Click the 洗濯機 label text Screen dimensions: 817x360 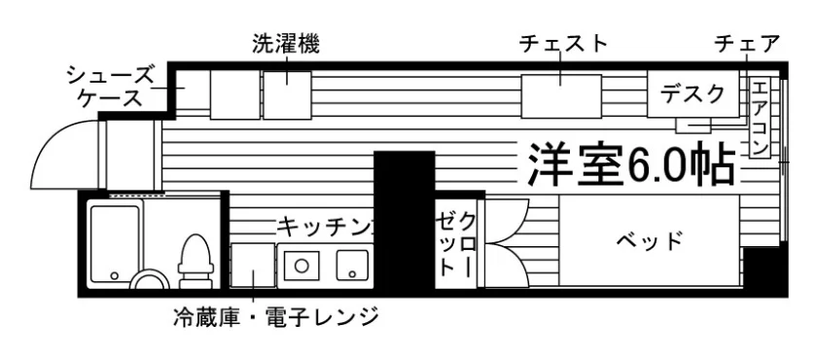click(x=286, y=45)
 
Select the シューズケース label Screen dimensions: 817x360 click(x=111, y=86)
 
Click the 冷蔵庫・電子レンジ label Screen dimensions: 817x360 click(x=275, y=316)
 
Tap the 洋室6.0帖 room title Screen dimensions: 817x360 click(x=631, y=165)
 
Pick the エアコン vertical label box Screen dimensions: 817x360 click(x=760, y=117)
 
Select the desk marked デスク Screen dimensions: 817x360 click(x=693, y=94)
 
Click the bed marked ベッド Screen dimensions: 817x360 click(x=650, y=240)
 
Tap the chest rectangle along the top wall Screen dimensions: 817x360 click(x=561, y=96)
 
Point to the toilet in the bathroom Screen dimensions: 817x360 click(x=195, y=261)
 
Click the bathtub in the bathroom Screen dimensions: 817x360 click(x=115, y=244)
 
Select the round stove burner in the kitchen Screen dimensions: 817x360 click(x=301, y=266)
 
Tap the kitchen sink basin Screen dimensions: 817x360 click(x=352, y=265)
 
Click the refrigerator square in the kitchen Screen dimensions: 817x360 click(x=253, y=265)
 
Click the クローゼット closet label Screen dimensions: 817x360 click(x=456, y=244)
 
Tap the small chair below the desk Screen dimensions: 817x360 click(x=693, y=126)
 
